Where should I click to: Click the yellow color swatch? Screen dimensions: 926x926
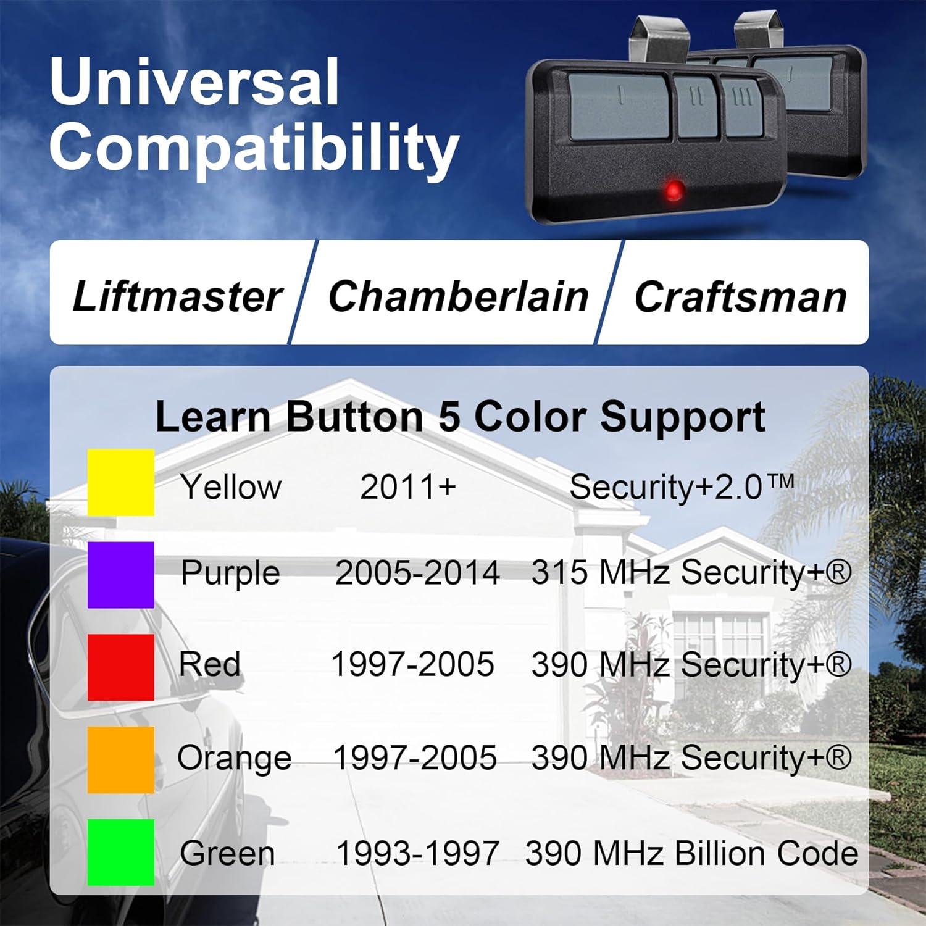click(x=121, y=482)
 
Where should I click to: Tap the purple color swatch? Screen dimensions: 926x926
click(x=121, y=575)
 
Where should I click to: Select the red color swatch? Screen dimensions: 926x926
click(x=121, y=667)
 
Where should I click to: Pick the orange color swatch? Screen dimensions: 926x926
click(x=121, y=760)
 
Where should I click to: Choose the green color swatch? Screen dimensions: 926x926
click(x=121, y=853)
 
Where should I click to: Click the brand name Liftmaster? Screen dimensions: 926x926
click(x=177, y=297)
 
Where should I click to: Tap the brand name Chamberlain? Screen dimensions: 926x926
click(x=458, y=297)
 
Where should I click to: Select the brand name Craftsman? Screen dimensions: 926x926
click(x=740, y=297)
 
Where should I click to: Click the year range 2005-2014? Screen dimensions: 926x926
click(x=417, y=573)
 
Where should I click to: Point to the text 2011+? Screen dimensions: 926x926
click(x=408, y=487)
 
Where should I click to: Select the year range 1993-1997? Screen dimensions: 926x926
click(x=417, y=854)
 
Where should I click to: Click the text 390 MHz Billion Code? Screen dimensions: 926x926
click(x=691, y=854)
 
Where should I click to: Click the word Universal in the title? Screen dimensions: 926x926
click(x=194, y=81)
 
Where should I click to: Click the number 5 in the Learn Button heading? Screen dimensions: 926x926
click(x=449, y=417)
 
